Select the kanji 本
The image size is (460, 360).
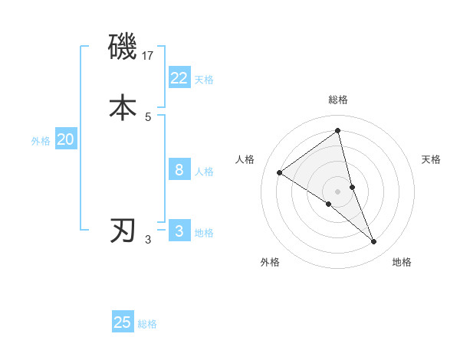click(123, 107)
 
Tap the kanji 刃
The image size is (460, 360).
click(123, 231)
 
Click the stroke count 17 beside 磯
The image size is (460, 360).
click(149, 55)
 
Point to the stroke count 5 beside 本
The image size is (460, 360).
click(148, 116)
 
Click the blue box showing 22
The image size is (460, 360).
click(179, 77)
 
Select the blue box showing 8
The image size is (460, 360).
click(179, 169)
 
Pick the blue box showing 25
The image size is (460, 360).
click(123, 322)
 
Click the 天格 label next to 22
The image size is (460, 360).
click(204, 80)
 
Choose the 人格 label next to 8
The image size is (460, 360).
click(204, 172)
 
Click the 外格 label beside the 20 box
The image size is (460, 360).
click(41, 141)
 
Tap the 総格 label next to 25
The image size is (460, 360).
click(147, 325)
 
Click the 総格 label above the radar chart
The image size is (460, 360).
click(338, 100)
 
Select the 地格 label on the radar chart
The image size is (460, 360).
click(402, 262)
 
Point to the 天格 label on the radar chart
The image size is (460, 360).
click(431, 159)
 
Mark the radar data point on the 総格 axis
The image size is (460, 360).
click(338, 130)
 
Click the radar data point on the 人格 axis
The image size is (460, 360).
click(280, 172)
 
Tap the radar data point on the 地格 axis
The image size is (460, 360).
click(374, 241)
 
